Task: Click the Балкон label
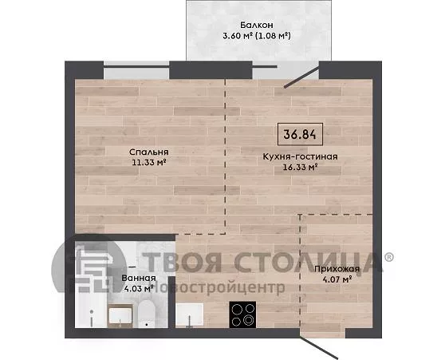257,25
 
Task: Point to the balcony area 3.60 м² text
238,36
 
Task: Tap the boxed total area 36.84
300,134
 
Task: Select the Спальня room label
149,152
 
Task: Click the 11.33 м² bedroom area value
149,163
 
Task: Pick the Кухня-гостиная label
301,156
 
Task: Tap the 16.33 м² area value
301,167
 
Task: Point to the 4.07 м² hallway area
337,279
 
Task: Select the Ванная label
139,278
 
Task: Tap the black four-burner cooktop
242,315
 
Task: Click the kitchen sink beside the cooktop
189,315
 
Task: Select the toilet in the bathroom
147,314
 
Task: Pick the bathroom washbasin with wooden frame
120,315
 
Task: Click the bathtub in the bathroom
91,310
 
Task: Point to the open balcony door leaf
302,77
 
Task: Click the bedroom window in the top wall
136,70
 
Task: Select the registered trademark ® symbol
389,257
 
